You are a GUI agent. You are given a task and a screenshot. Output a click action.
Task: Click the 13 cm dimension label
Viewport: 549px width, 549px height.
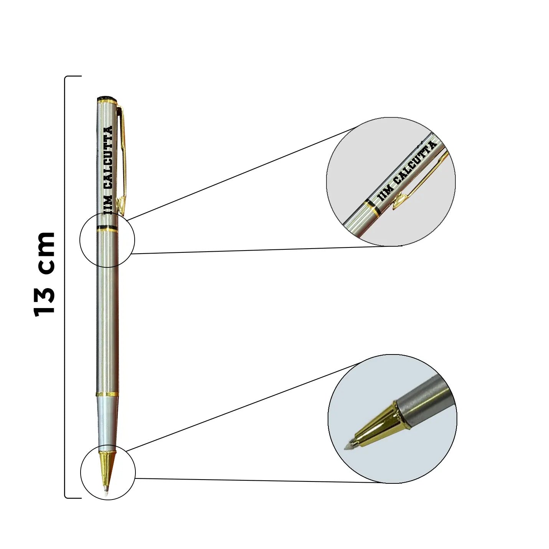(x=45, y=274)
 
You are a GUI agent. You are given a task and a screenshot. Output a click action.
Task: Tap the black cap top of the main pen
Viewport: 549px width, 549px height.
(x=108, y=97)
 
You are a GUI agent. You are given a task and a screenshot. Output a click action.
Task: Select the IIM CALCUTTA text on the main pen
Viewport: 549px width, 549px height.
(x=108, y=170)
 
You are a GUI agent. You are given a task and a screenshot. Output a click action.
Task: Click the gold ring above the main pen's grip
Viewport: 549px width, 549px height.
(x=107, y=394)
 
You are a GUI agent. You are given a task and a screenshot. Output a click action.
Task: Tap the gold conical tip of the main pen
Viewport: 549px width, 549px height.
(x=107, y=469)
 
